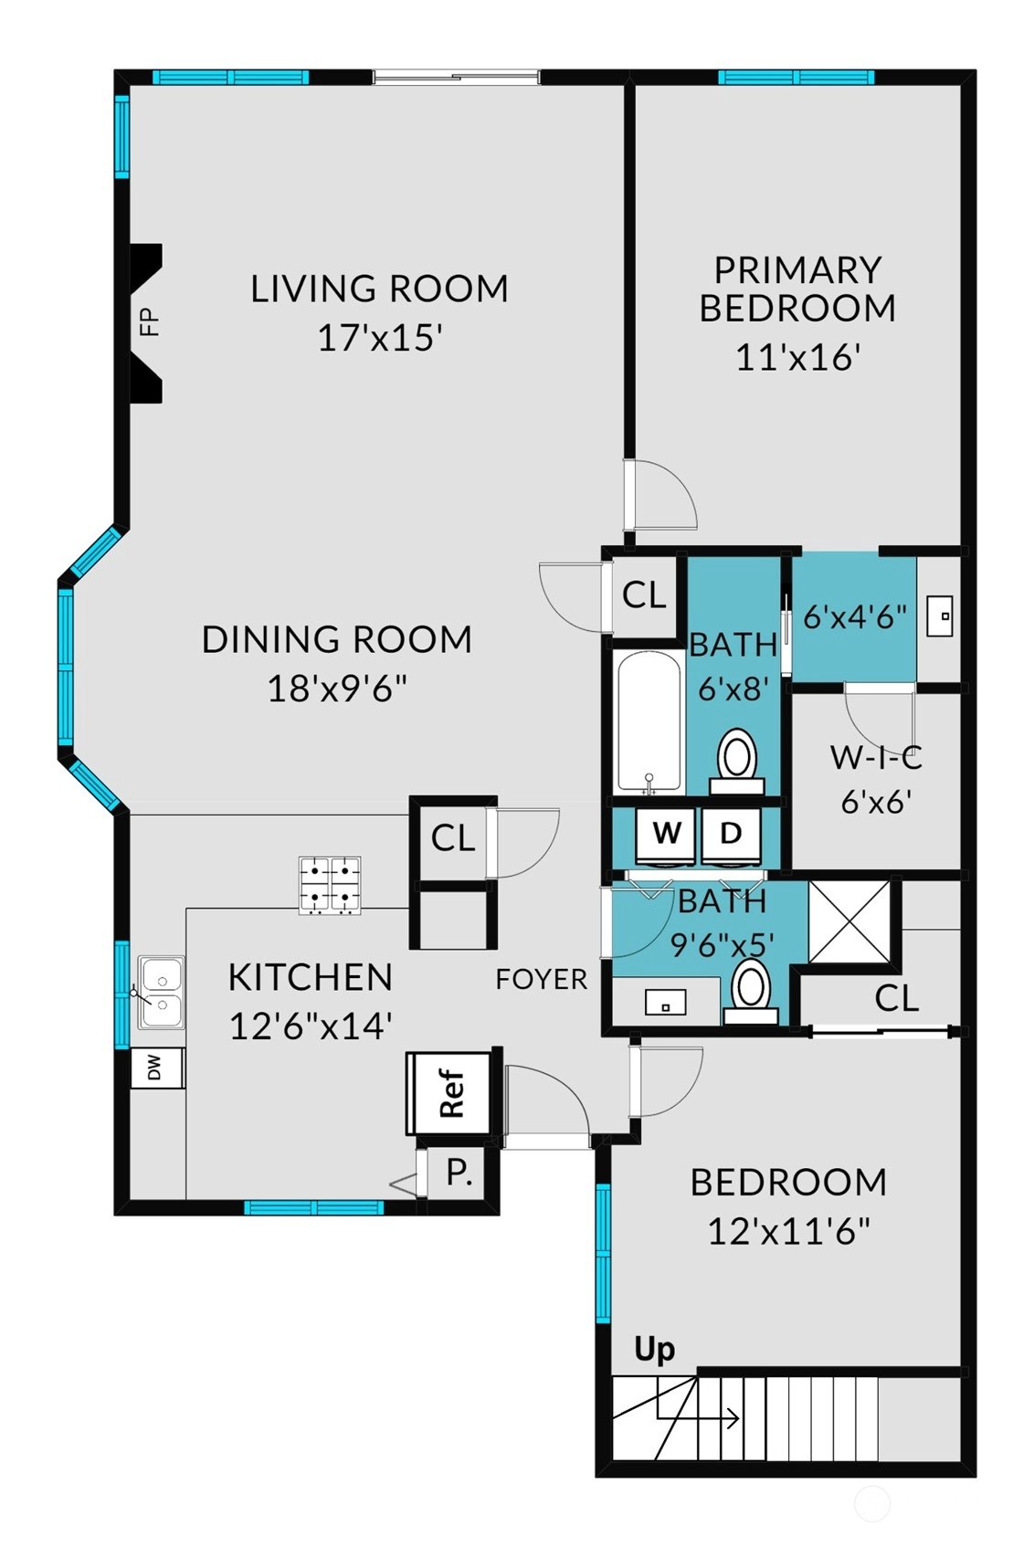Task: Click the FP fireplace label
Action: coord(149,321)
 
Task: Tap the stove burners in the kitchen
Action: coord(330,886)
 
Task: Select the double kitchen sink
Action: coord(161,992)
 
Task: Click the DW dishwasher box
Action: coord(157,1068)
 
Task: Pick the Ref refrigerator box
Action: coord(449,1093)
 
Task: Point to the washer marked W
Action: coord(667,835)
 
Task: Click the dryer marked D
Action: coord(731,835)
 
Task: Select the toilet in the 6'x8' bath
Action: coord(736,761)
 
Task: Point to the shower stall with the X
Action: coord(849,921)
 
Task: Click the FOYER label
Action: coord(542,979)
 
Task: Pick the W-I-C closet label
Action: coord(876,758)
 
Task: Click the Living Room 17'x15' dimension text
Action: coord(379,339)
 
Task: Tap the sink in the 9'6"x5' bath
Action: coord(665,1002)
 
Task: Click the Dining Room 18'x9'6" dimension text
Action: coord(337,689)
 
